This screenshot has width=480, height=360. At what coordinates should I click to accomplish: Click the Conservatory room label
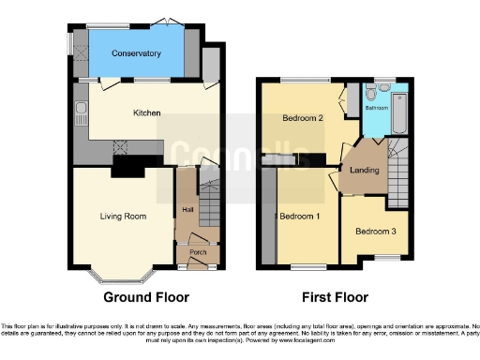(136, 53)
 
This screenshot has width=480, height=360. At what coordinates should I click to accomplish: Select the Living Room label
(123, 217)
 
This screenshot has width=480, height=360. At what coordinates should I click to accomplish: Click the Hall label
(187, 208)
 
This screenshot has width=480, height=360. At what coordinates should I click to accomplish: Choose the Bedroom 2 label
(303, 119)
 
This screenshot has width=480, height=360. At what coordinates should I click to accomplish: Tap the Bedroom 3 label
(375, 231)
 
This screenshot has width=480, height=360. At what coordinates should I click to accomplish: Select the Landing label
(365, 170)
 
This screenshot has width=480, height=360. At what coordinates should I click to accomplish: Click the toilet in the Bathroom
(373, 94)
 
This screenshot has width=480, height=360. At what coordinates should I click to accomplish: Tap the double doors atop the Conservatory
(165, 22)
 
